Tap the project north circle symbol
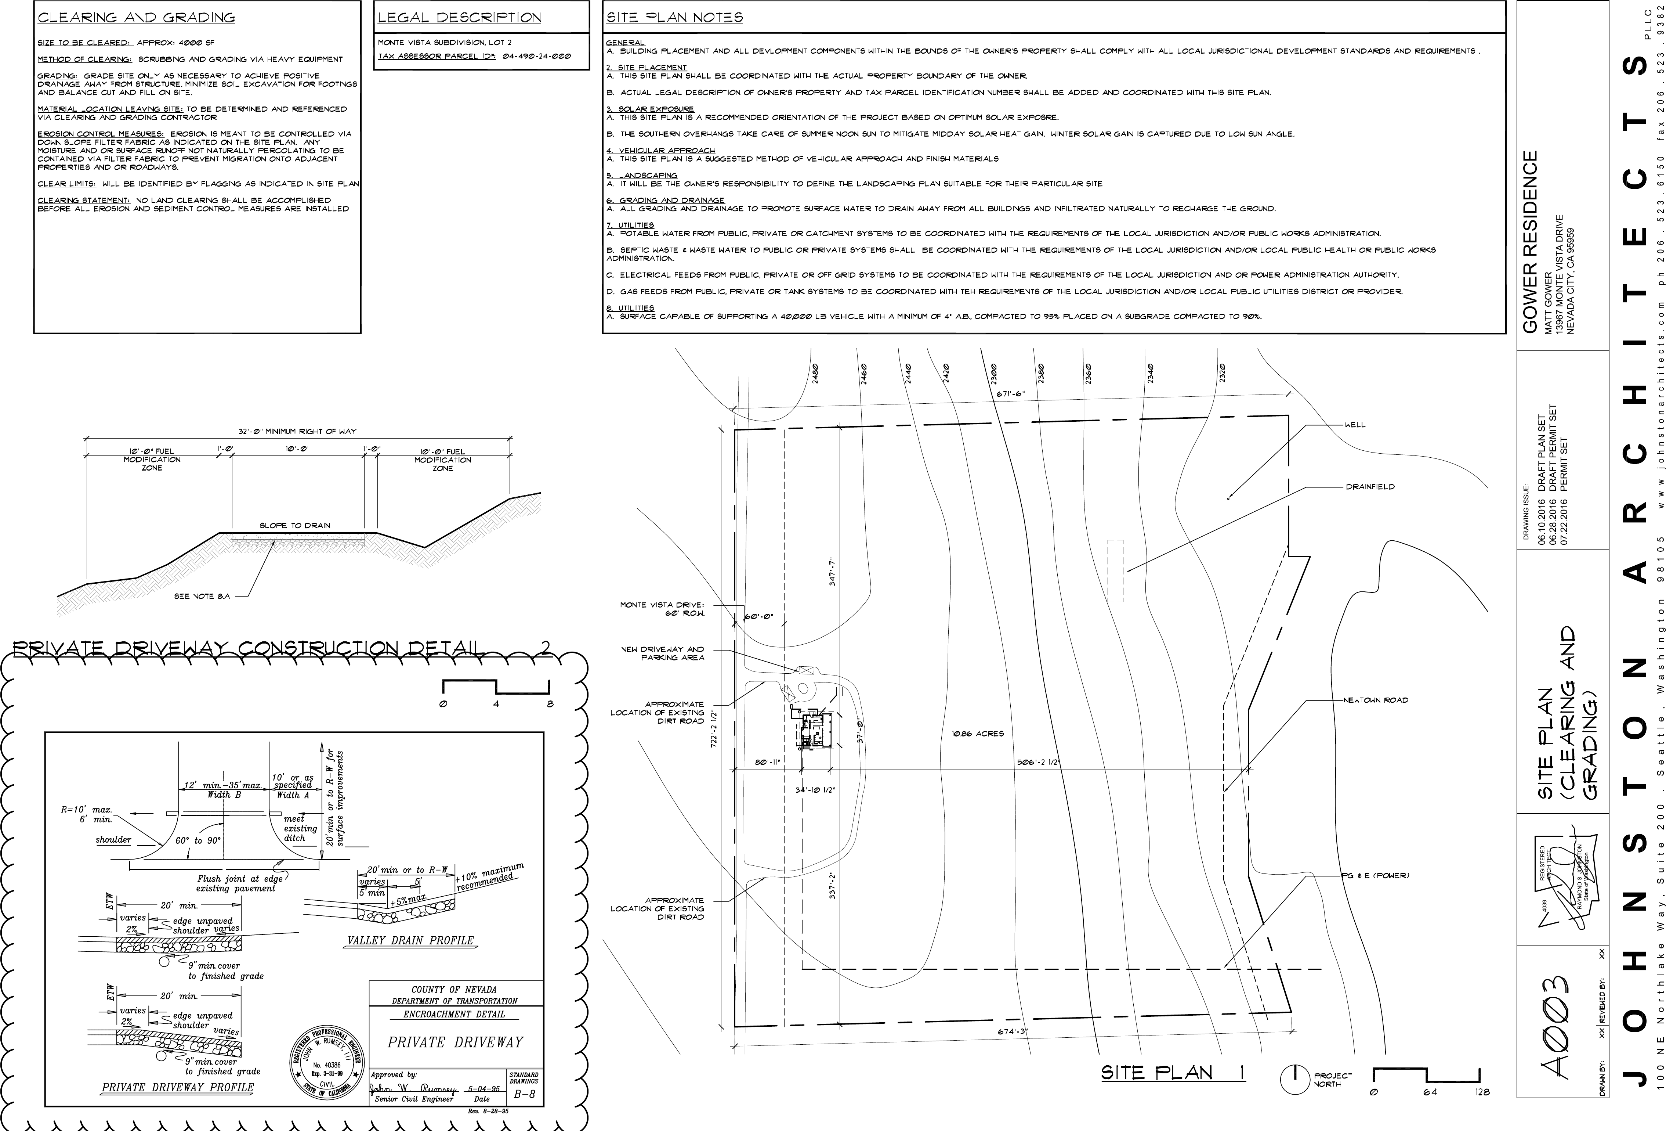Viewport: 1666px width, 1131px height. tap(1295, 1099)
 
